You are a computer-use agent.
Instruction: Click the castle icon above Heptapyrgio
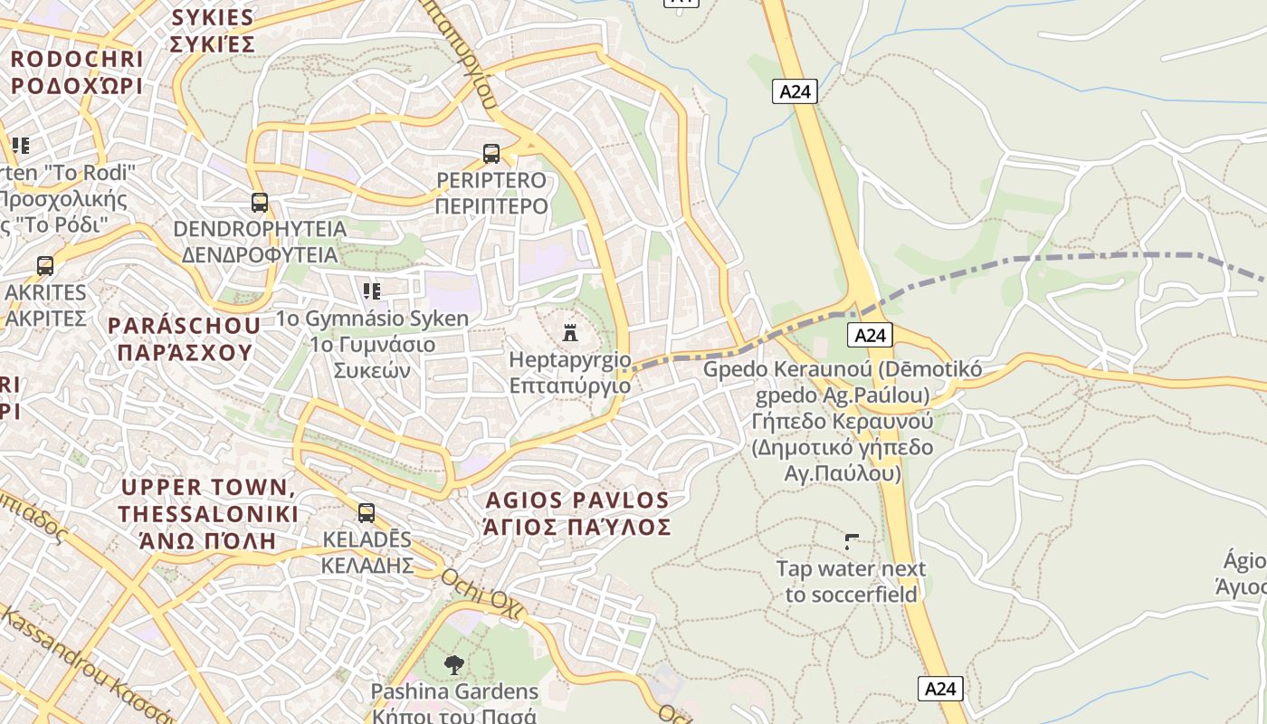pyautogui.click(x=570, y=333)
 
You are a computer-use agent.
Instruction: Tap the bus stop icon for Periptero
pyautogui.click(x=491, y=154)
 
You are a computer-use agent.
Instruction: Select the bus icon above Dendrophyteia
pyautogui.click(x=260, y=203)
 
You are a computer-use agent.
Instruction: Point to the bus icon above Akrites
pyautogui.click(x=45, y=266)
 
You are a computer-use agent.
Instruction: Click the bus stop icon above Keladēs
pyautogui.click(x=367, y=513)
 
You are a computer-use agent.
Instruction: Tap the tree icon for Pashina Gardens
pyautogui.click(x=454, y=665)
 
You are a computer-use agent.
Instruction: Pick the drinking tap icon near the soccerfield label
pyautogui.click(x=852, y=542)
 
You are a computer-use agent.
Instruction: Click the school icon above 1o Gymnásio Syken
pyautogui.click(x=372, y=291)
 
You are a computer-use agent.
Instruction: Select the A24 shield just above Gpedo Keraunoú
pyautogui.click(x=870, y=336)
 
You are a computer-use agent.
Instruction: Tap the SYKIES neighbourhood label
pyautogui.click(x=213, y=17)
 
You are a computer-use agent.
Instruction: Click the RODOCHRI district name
pyautogui.click(x=77, y=59)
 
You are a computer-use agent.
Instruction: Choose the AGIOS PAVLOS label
pyautogui.click(x=577, y=500)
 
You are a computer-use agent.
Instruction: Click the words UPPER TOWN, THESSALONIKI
pyautogui.click(x=208, y=500)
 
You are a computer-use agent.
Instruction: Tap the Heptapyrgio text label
pyautogui.click(x=570, y=360)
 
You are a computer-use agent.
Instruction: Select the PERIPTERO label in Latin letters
pyautogui.click(x=491, y=180)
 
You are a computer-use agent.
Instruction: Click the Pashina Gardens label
pyautogui.click(x=454, y=692)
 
